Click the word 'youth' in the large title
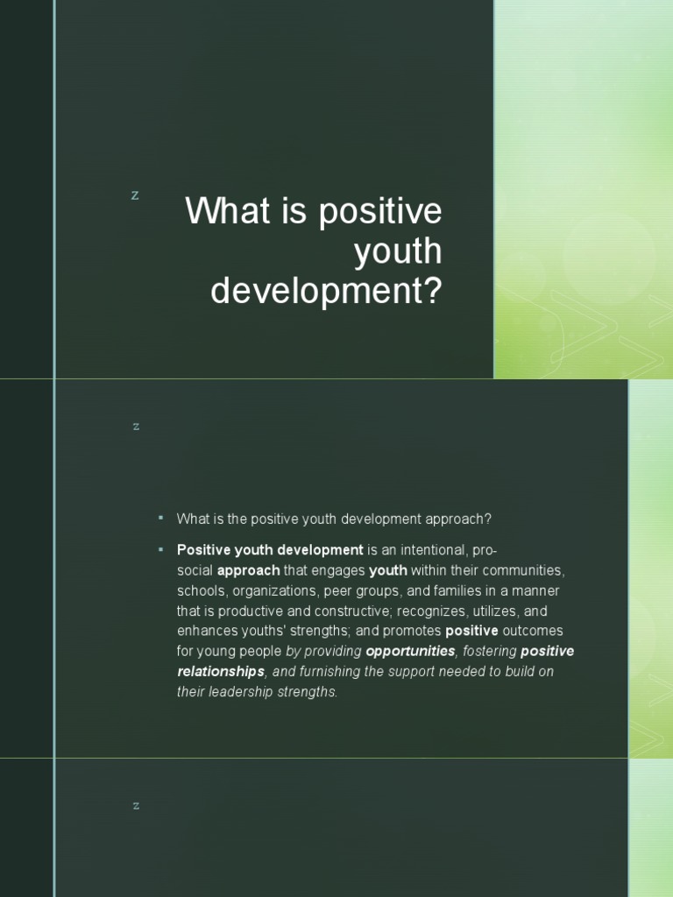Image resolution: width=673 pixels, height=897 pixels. pyautogui.click(x=398, y=252)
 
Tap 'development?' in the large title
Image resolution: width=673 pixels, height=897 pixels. pyautogui.click(x=326, y=292)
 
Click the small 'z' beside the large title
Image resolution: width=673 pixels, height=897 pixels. pyautogui.click(x=135, y=195)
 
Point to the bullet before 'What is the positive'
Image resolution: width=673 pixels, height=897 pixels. pyautogui.click(x=161, y=519)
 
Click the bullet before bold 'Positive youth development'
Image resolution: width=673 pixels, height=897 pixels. pyautogui.click(x=161, y=549)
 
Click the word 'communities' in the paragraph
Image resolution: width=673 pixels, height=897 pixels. pyautogui.click(x=522, y=570)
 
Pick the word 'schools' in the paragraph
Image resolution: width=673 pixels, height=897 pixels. pyautogui.click(x=201, y=590)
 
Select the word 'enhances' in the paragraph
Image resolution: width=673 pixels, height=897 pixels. pyautogui.click(x=204, y=631)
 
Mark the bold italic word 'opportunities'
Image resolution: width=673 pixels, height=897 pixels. pyautogui.click(x=410, y=651)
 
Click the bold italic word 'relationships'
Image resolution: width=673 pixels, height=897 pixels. pyautogui.click(x=221, y=671)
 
